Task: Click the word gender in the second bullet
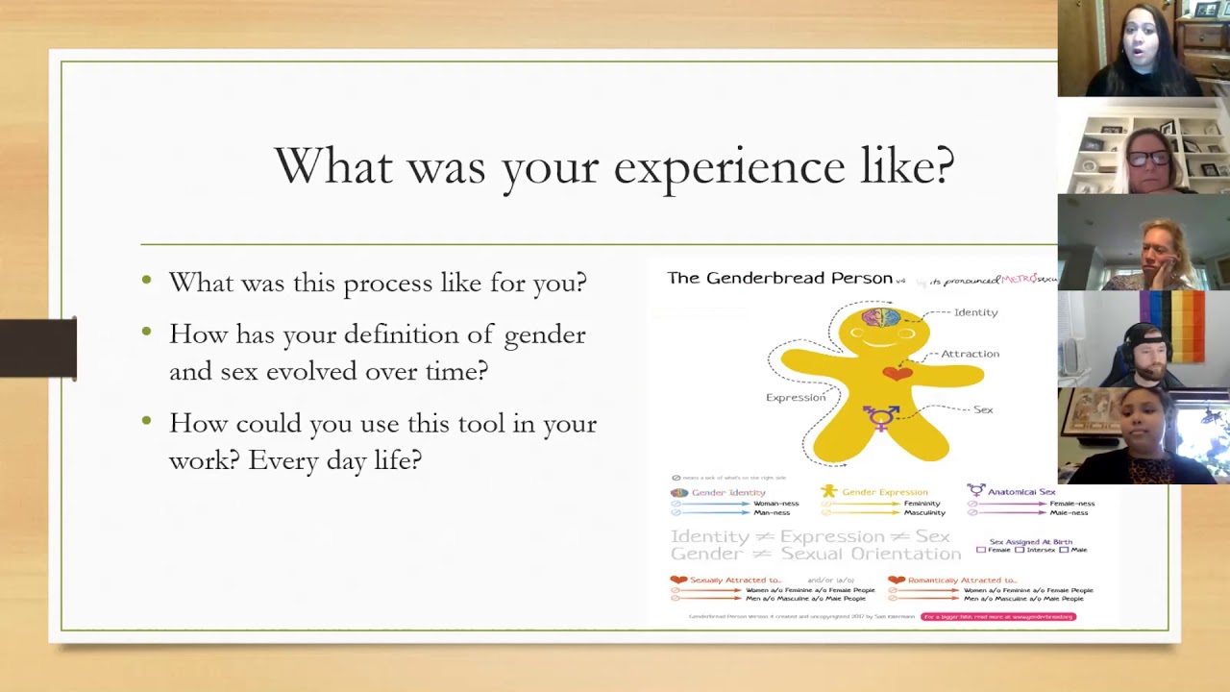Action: coord(545,334)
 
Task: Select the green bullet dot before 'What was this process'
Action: coord(146,281)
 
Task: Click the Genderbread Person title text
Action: coord(779,278)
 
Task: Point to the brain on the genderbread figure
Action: coord(880,317)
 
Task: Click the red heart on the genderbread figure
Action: coord(897,373)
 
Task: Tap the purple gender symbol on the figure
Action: coord(882,416)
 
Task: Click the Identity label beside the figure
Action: coord(975,312)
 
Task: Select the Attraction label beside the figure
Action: coord(970,354)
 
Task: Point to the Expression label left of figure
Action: coord(795,397)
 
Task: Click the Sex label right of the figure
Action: coord(983,409)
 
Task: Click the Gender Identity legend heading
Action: coord(728,492)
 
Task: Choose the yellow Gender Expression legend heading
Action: coord(884,492)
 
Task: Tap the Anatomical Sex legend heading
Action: coord(1021,492)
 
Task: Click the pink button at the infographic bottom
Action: coord(997,617)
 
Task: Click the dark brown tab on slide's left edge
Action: coord(38,348)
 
